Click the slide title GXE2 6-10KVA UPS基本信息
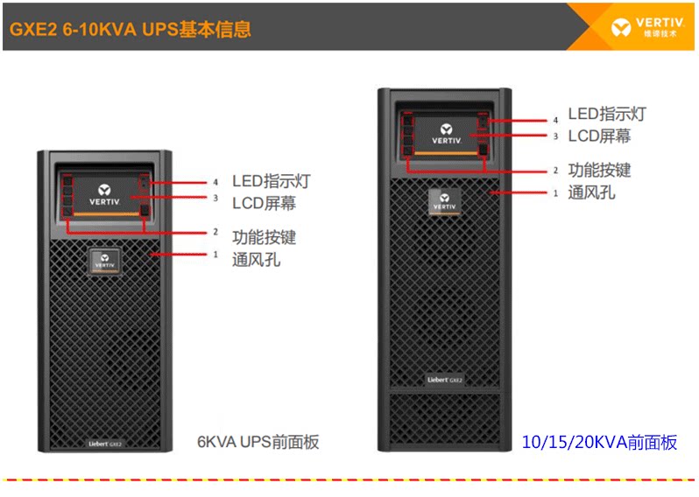[x=130, y=30]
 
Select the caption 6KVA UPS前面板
[x=258, y=442]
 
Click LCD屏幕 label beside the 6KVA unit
[x=264, y=203]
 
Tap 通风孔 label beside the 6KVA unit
[x=256, y=259]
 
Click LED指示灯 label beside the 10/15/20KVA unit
[x=607, y=115]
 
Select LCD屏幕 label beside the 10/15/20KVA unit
[x=599, y=136]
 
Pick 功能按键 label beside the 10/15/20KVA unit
[x=599, y=170]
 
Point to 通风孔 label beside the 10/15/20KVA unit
[x=591, y=192]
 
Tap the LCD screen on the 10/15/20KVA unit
[x=445, y=131]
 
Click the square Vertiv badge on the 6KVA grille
[x=104, y=262]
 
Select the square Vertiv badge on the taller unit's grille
[x=445, y=200]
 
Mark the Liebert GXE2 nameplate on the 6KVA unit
[x=104, y=444]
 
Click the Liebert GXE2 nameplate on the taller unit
[x=444, y=379]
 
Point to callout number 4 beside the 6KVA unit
[x=215, y=183]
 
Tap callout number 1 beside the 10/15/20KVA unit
[x=554, y=192]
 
